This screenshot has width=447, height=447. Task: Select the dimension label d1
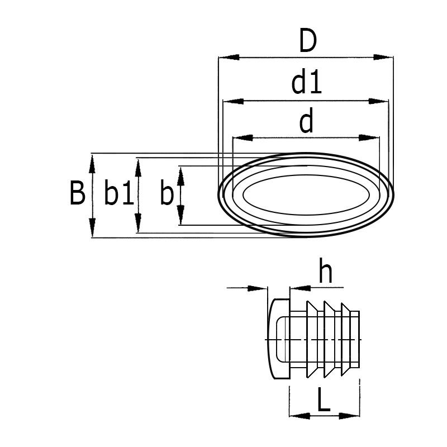pyautogui.click(x=307, y=84)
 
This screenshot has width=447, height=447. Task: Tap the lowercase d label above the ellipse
pyautogui.click(x=306, y=122)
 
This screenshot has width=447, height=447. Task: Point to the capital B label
pyautogui.click(x=77, y=194)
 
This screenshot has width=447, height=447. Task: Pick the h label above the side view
pyautogui.click(x=325, y=272)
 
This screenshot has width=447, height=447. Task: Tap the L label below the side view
pyautogui.click(x=324, y=401)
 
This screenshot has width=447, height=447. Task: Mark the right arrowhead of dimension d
pyautogui.click(x=369, y=137)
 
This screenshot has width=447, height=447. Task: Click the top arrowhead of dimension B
pyautogui.click(x=92, y=164)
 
